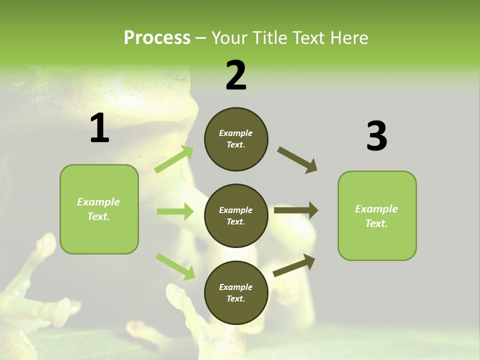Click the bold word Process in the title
[157, 38]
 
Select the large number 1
[99, 128]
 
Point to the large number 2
[236, 75]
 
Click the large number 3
[376, 136]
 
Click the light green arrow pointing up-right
[174, 159]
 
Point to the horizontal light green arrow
[175, 211]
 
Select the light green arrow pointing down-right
[175, 266]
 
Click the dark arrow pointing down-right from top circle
[297, 160]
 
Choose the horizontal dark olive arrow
[296, 210]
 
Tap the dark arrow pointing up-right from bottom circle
[294, 265]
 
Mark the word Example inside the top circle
[236, 133]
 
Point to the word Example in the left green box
[98, 202]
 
